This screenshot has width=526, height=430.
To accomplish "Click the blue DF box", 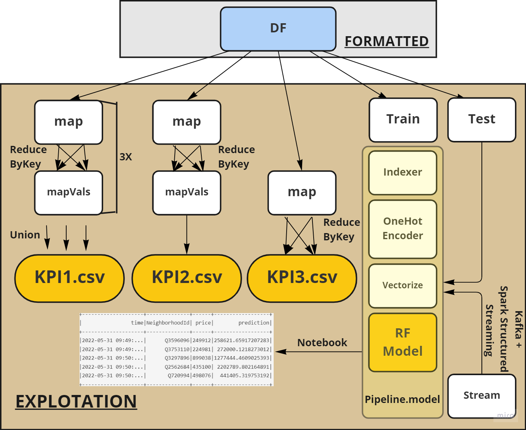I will click(278, 29).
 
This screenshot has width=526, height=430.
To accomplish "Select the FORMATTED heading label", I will click(386, 41).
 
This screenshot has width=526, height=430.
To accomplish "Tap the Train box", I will click(403, 120).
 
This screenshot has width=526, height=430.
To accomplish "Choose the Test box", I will click(481, 120).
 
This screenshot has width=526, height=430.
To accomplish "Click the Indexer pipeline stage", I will click(403, 173).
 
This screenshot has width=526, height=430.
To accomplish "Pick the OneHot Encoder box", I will click(403, 229).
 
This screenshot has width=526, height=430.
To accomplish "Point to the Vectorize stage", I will click(403, 286).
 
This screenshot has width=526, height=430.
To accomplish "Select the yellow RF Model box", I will click(403, 342).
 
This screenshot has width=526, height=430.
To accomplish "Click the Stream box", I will click(481, 396).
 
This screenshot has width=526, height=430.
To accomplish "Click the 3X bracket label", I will click(126, 157).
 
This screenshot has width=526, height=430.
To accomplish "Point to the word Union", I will click(25, 235).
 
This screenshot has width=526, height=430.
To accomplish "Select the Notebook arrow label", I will click(322, 343).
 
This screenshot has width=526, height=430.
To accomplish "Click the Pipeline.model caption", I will click(402, 400).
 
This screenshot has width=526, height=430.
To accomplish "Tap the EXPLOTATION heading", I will click(76, 402).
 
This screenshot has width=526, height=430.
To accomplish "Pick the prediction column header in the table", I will click(254, 323).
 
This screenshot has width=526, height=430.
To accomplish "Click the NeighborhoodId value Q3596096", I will click(177, 340).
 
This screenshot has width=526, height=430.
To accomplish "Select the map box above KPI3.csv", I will click(302, 193).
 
